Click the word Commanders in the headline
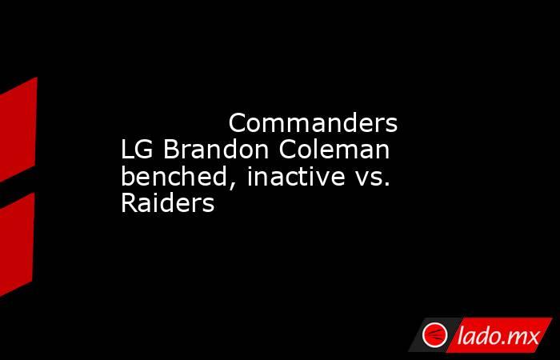(313, 123)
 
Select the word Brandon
(216, 150)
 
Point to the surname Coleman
(334, 150)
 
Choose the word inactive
(296, 176)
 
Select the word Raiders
(168, 203)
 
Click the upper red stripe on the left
(18, 130)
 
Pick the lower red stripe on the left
(17, 245)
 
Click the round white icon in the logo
(434, 334)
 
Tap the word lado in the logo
(482, 335)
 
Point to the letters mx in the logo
(526, 338)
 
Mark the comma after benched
(232, 185)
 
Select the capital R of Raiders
(130, 203)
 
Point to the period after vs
(386, 184)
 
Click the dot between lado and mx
(509, 343)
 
